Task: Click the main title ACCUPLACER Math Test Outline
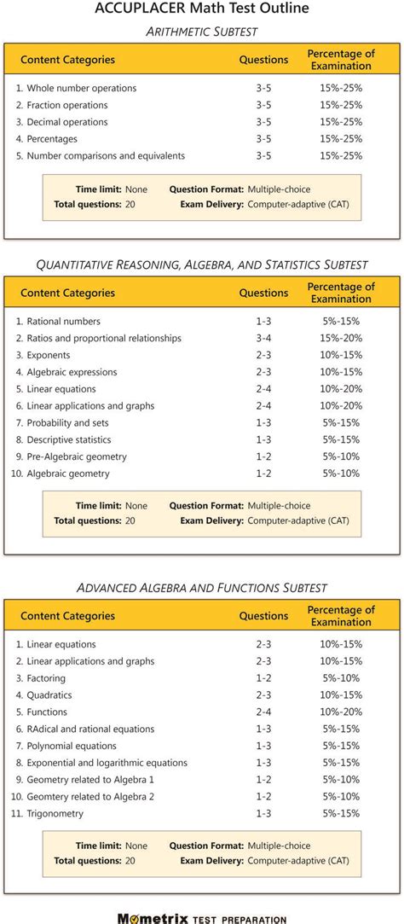[x=202, y=9]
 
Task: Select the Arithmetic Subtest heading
[x=202, y=31]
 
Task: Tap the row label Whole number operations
[x=81, y=88]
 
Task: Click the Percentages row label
[x=52, y=139]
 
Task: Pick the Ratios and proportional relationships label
[x=104, y=338]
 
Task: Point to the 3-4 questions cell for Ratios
[x=263, y=338]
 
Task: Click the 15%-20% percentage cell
[x=341, y=338]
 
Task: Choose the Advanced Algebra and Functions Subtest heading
[x=202, y=588]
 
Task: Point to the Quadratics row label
[x=49, y=695]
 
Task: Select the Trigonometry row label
[x=55, y=814]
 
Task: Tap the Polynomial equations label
[x=72, y=746]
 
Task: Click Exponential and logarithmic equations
[x=107, y=763]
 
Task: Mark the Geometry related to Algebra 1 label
[x=90, y=780]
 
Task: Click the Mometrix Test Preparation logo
[x=202, y=918]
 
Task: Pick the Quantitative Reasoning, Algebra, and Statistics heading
[x=202, y=264]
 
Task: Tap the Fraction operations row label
[x=67, y=105]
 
